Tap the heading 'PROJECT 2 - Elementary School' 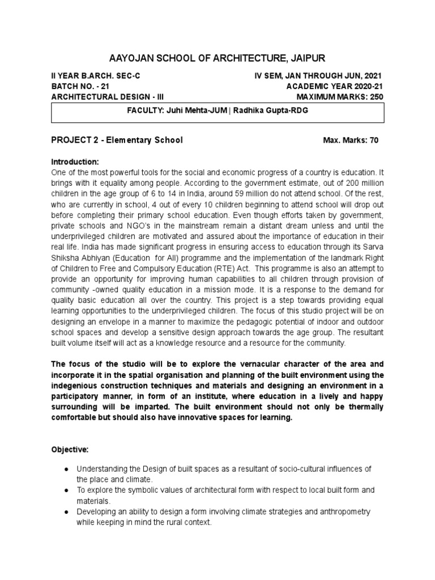[x=117, y=140]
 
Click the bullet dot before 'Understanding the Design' [x=66, y=469]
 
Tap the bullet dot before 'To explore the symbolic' [x=66, y=490]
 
